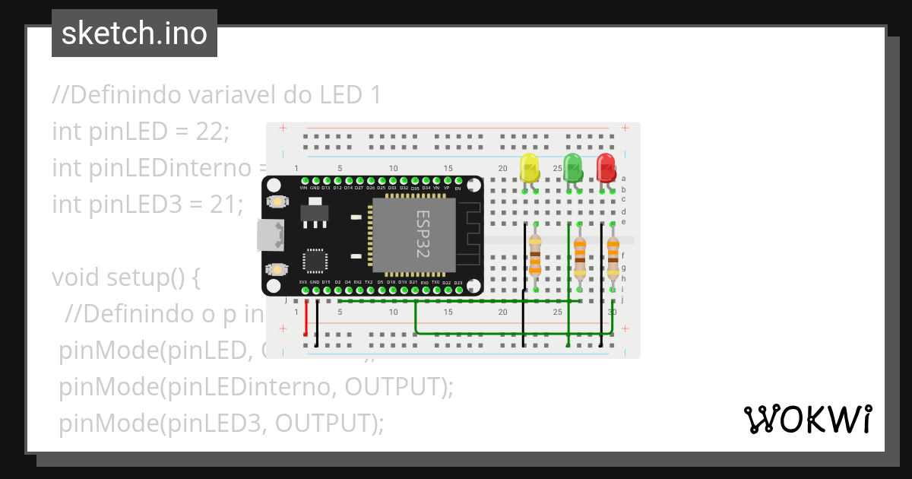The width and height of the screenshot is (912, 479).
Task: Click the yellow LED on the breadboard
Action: tap(529, 167)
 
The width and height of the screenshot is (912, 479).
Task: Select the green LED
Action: tap(572, 167)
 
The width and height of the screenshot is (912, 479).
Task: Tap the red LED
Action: tap(606, 167)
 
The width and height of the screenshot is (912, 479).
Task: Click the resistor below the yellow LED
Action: tap(535, 255)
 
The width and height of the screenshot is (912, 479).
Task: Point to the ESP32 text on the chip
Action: tap(423, 234)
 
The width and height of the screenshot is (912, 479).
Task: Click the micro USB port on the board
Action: tap(270, 235)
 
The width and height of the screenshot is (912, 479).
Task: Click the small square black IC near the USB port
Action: tap(315, 261)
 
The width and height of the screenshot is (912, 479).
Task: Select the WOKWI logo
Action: tap(807, 419)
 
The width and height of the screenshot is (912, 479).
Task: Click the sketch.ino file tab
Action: tap(135, 33)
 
